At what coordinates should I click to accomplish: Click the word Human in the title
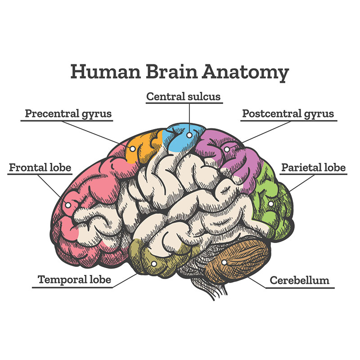point(105,72)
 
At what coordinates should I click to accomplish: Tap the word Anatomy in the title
point(245,73)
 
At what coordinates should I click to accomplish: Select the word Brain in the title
point(171,72)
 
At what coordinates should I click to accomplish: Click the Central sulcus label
point(184,96)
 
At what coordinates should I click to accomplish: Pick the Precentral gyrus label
point(68,114)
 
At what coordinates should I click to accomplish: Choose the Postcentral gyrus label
point(288,114)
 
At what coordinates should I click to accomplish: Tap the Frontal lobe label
point(40,167)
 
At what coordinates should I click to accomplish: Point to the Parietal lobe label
point(313,167)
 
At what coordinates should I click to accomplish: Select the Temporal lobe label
point(74,279)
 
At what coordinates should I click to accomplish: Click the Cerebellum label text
point(299,280)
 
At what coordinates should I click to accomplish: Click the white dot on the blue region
point(189,135)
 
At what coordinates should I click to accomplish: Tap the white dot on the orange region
point(132,149)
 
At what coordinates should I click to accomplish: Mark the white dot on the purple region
point(227,149)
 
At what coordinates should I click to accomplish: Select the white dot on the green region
point(271,204)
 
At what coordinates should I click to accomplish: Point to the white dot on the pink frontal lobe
point(68,205)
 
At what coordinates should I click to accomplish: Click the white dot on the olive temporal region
point(154,264)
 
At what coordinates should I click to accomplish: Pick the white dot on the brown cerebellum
point(224,262)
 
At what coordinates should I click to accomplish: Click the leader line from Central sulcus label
point(189,118)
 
